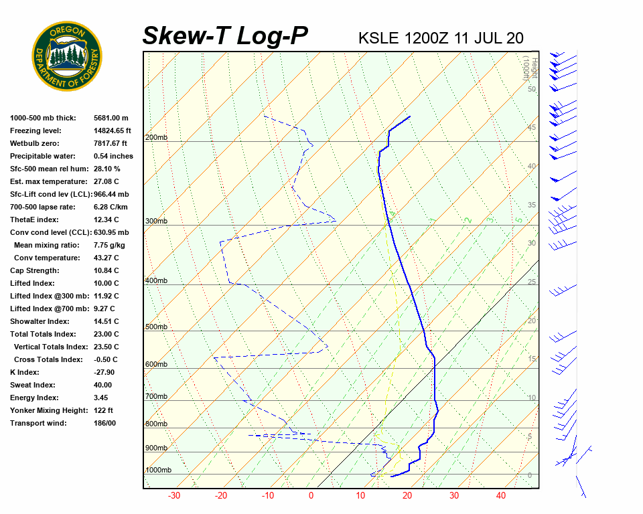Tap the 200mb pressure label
pyautogui.click(x=156, y=138)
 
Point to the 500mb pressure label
pyautogui.click(x=156, y=327)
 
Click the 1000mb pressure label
pyautogui.click(x=158, y=470)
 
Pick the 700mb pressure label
pyautogui.click(x=156, y=397)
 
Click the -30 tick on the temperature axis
pyautogui.click(x=174, y=496)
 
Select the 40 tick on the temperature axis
pyautogui.click(x=501, y=496)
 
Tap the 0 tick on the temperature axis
pyautogui.click(x=311, y=496)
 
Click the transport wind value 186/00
pyautogui.click(x=105, y=423)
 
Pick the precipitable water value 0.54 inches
pyautogui.click(x=113, y=156)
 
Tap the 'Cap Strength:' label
pyautogui.click(x=35, y=270)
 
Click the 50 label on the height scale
pyautogui.click(x=531, y=89)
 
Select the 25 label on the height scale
pyautogui.click(x=531, y=282)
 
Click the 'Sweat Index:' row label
pyautogui.click(x=33, y=385)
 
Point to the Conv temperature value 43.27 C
pyautogui.click(x=106, y=258)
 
